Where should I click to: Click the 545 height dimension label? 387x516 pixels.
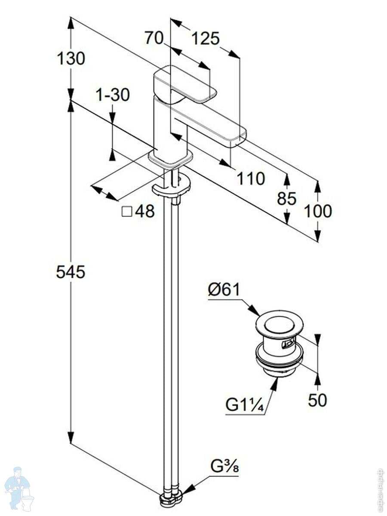(71, 272)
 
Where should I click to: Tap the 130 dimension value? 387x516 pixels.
(71, 58)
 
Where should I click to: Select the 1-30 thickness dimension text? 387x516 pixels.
(112, 95)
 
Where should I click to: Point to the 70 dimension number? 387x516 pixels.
(154, 38)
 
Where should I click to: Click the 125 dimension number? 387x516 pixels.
(205, 39)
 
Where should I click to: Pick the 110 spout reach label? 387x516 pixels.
(251, 178)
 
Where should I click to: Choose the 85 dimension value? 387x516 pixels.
(286, 199)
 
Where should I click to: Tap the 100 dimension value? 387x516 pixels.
(318, 211)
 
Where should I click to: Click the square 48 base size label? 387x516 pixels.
(138, 211)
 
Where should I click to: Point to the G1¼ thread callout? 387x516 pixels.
(244, 405)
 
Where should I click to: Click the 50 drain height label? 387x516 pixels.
(317, 400)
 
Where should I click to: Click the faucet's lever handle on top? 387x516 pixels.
(185, 84)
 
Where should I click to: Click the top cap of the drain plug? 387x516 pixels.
(279, 323)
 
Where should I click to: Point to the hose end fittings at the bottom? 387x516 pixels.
(171, 500)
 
